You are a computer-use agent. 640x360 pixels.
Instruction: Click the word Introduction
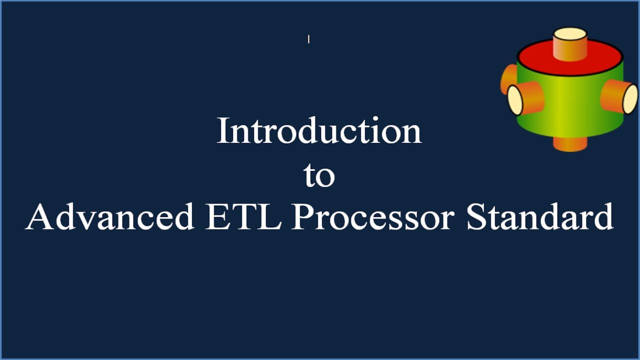[319, 131]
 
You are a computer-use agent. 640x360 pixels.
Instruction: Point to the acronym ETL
[243, 217]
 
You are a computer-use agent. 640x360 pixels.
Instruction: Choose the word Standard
[540, 217]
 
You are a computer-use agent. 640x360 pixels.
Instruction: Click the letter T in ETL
[243, 217]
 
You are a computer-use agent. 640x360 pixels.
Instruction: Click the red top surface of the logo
[535, 56]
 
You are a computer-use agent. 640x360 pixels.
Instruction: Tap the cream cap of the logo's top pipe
[569, 34]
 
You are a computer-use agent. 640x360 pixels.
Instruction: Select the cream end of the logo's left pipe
[514, 100]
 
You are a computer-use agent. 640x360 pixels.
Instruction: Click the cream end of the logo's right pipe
[630, 98]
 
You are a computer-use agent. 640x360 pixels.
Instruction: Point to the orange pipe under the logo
[570, 144]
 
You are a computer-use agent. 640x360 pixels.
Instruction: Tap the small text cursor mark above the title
[308, 39]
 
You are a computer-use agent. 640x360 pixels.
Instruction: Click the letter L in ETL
[269, 217]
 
